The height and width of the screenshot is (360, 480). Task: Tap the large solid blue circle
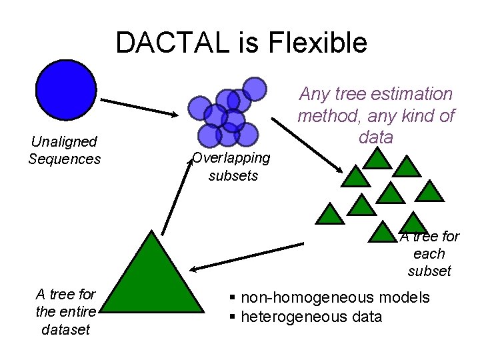(67, 91)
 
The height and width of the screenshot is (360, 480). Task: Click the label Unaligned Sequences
(64, 150)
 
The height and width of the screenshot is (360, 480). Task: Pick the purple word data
(375, 137)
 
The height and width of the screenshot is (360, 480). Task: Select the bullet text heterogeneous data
(311, 316)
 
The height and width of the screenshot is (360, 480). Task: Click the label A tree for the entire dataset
(65, 311)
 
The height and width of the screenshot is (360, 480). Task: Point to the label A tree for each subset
(430, 253)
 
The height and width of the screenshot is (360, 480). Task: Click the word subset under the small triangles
(429, 271)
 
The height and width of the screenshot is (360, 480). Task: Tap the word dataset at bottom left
(65, 329)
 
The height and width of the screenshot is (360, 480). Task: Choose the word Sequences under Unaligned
(64, 159)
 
